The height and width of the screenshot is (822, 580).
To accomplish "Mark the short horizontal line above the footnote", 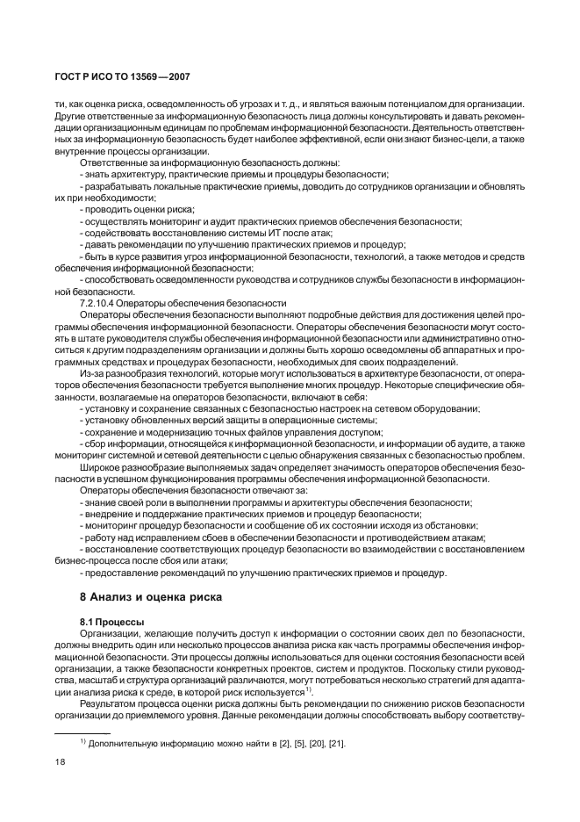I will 78,731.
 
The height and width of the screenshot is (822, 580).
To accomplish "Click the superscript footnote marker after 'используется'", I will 309,689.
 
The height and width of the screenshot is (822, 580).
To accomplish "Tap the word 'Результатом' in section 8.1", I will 111,703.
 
